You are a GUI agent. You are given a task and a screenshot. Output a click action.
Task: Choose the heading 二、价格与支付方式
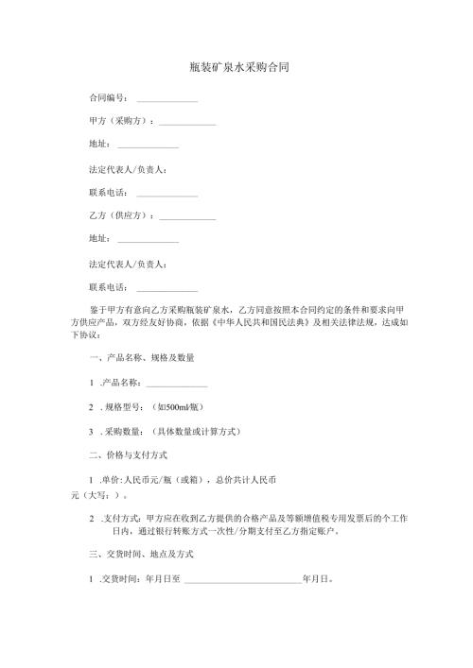point(129,455)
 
